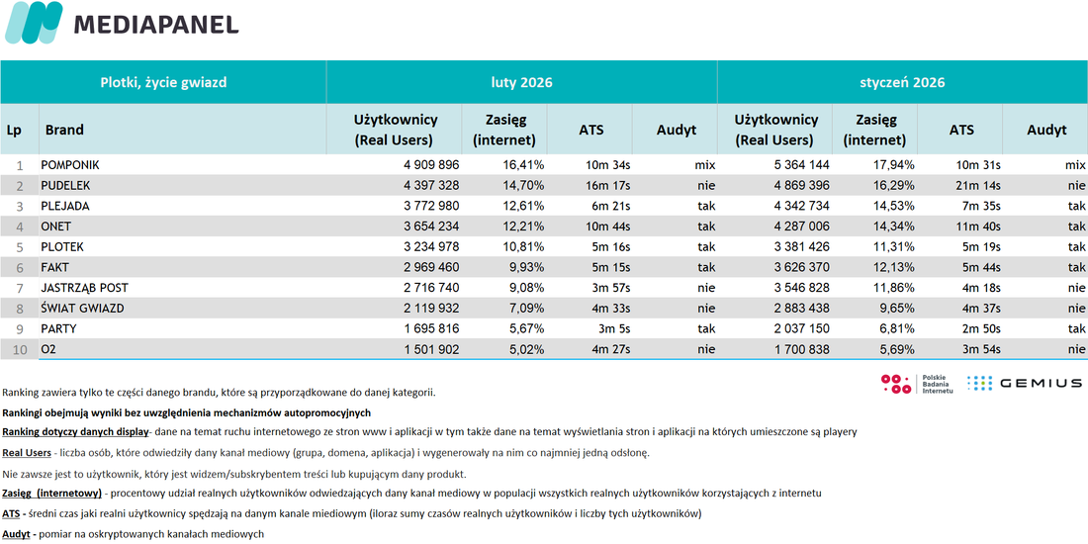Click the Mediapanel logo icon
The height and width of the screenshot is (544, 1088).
(34, 23)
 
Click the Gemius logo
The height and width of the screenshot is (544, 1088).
(1024, 383)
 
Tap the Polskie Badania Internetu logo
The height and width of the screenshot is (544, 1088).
(917, 384)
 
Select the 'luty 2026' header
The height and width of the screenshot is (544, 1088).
(521, 82)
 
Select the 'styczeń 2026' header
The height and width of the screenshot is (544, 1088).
(902, 82)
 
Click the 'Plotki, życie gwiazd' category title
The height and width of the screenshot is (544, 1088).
(164, 82)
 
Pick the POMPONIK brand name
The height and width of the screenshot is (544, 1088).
(70, 165)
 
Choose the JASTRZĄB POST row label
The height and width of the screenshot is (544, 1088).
(84, 288)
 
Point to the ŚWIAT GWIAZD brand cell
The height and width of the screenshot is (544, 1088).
(82, 309)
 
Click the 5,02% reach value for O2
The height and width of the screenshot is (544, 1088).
(525, 350)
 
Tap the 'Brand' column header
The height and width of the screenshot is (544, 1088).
(64, 130)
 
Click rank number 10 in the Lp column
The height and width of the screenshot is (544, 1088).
(20, 350)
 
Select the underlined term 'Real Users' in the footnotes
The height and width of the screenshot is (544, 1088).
(27, 452)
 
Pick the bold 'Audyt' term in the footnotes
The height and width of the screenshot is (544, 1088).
(16, 533)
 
